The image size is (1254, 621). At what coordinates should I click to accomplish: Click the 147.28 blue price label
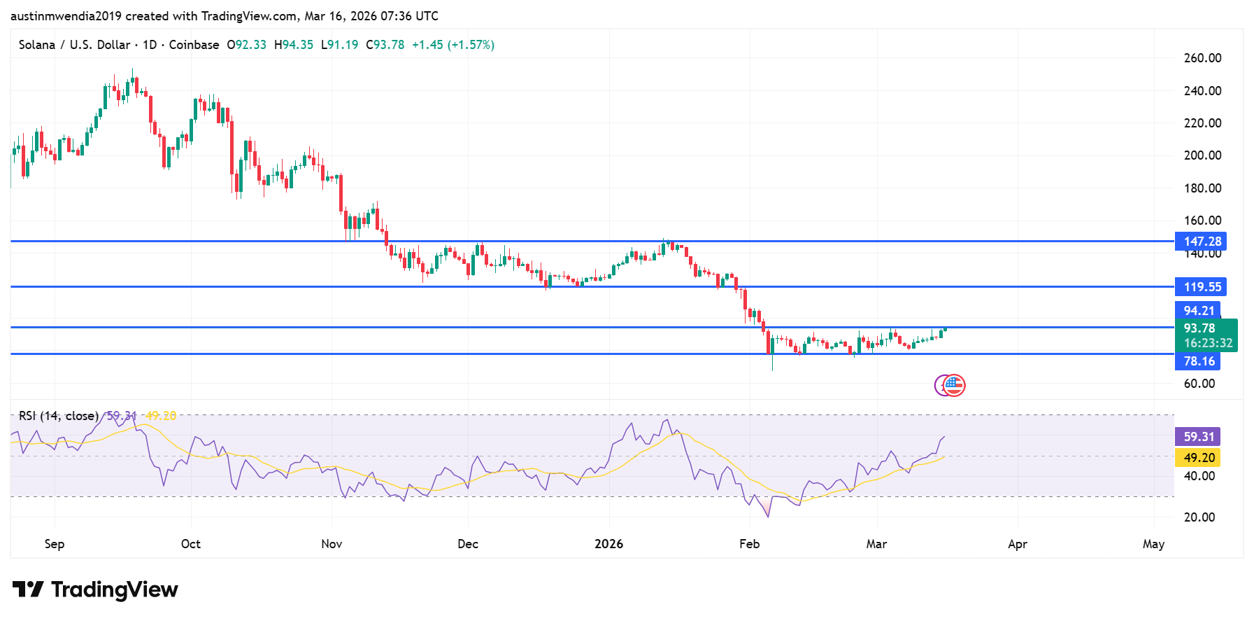[1202, 242]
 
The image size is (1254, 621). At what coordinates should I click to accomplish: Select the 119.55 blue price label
[1202, 287]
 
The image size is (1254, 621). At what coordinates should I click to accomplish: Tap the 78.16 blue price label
[1198, 361]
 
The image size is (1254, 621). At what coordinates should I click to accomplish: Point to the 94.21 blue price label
[1198, 310]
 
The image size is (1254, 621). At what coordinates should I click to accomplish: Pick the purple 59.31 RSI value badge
[1198, 437]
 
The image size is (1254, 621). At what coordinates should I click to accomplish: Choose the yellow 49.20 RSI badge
[1198, 458]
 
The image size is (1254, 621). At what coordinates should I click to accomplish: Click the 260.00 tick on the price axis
[1202, 58]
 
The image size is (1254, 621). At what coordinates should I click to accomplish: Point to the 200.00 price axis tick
[1202, 155]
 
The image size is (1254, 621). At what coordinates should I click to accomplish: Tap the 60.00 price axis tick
[1199, 384]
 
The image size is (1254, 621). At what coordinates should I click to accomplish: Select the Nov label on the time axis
[332, 544]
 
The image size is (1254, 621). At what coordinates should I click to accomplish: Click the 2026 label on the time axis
[608, 544]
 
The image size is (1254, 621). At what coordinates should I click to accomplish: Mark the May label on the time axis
[1153, 544]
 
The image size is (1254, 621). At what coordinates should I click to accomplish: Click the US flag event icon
[954, 385]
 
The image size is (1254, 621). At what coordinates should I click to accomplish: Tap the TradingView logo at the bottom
[96, 589]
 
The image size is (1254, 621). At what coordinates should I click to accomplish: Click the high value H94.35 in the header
[294, 45]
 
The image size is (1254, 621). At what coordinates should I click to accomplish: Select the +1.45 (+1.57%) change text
[453, 45]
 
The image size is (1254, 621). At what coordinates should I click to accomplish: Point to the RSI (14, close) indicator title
[59, 416]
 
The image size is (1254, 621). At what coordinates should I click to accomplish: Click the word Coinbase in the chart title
[194, 45]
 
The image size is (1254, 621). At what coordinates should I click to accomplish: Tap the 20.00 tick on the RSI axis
[1199, 517]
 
